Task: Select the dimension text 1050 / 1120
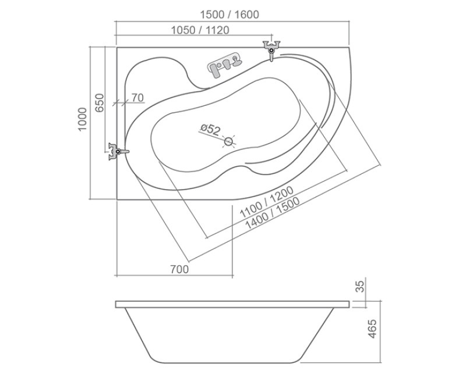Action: [200, 30]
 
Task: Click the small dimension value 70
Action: [137, 98]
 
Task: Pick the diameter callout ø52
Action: [209, 129]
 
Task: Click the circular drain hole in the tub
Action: [229, 141]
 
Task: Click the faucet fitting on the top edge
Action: [271, 49]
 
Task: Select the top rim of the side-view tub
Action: [233, 304]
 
